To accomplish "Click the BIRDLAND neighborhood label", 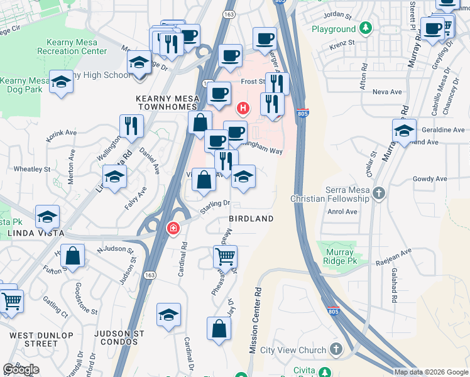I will (251, 219).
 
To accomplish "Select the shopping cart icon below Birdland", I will (225, 256).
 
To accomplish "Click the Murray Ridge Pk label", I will (340, 256).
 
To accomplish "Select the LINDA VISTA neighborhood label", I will (36, 233).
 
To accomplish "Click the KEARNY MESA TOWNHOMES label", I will (168, 104).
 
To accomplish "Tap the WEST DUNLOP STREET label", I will (42, 339).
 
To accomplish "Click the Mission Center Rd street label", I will (256, 320).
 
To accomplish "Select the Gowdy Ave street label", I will (430, 179).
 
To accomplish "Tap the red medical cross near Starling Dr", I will (172, 228).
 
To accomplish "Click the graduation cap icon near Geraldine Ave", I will (404, 130).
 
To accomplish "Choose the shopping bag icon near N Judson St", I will (73, 256).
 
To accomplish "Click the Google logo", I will (21, 369).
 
